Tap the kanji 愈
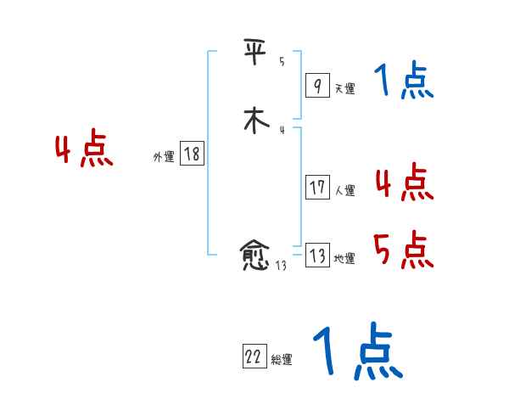tap(255, 256)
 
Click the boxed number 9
tap(316, 86)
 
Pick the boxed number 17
tap(317, 188)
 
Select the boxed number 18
tap(192, 154)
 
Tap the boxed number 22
tap(254, 357)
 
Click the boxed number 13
tap(317, 256)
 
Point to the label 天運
tap(344, 88)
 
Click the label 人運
tap(344, 191)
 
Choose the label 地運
tap(344, 259)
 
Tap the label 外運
tap(164, 157)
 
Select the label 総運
tap(282, 360)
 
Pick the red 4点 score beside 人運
tap(404, 182)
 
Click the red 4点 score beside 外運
tap(84, 150)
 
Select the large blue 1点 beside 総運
tap(356, 352)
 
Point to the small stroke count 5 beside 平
tap(282, 62)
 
